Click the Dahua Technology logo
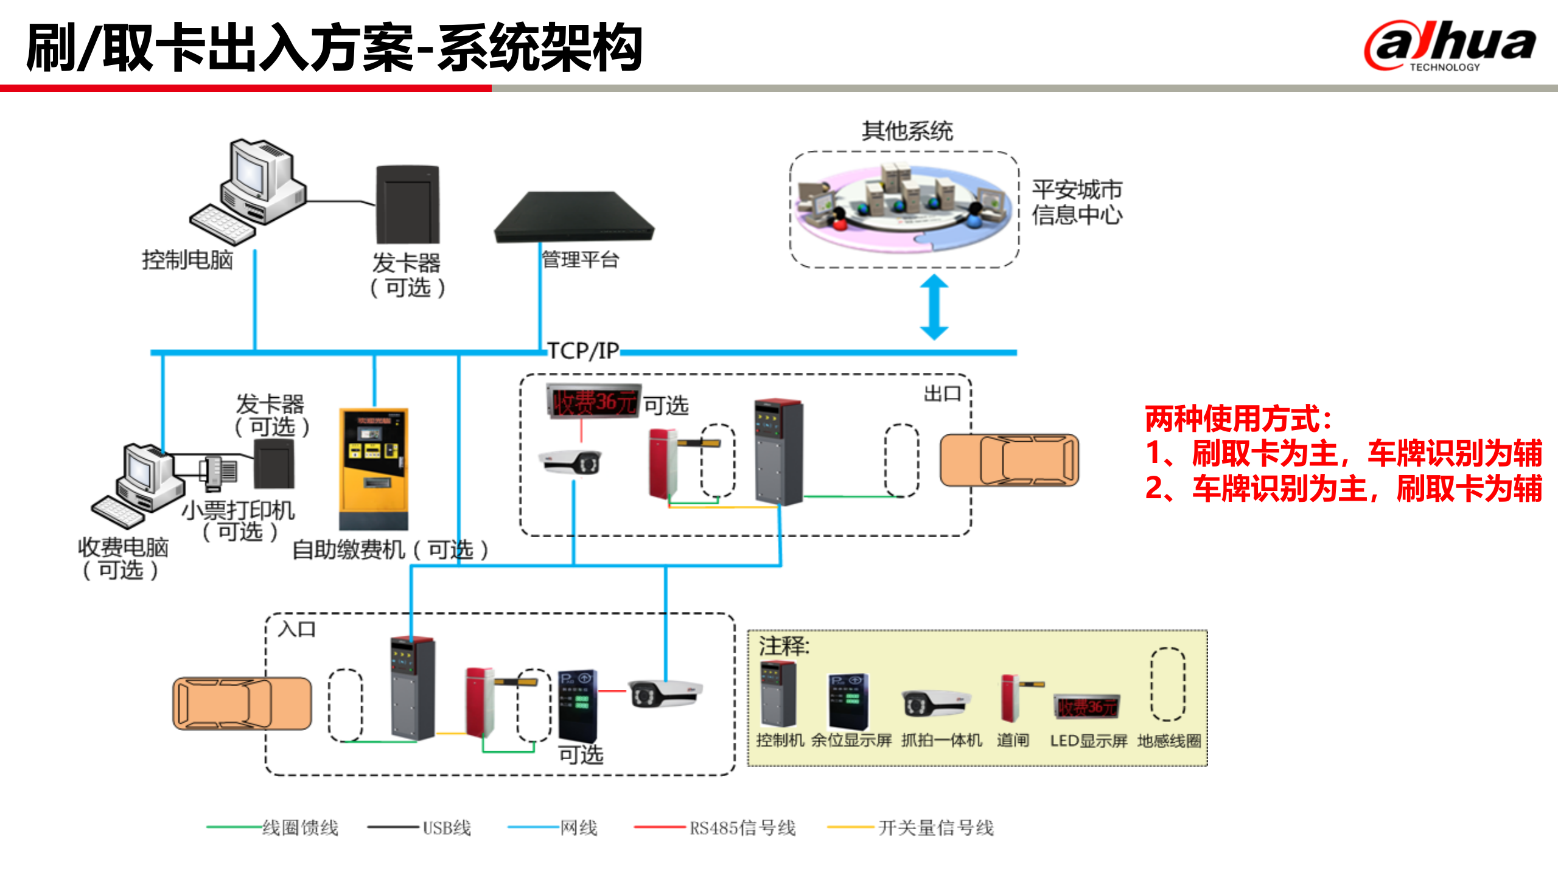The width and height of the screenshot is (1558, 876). (1450, 46)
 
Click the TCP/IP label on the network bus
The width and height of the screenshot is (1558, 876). (582, 351)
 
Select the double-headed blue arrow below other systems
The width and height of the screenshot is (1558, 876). (934, 307)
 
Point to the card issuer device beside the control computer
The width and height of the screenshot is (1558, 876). (407, 204)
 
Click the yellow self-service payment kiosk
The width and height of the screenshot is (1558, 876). (373, 468)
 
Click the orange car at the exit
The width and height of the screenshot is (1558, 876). (1009, 461)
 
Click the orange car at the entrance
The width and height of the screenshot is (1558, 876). (242, 703)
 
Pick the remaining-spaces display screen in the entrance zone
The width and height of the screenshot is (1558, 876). (578, 706)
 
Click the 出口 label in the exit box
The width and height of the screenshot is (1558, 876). (942, 394)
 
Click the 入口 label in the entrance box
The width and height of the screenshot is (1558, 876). (297, 629)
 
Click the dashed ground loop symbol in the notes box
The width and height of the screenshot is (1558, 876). (1167, 684)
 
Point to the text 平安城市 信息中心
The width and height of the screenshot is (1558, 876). (1076, 203)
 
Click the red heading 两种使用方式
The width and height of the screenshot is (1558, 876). (1238, 419)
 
